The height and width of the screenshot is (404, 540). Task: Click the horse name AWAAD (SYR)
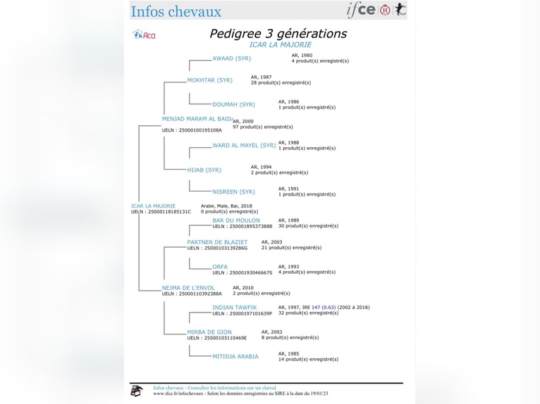[231, 58]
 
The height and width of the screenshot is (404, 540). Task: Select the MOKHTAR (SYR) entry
[209, 80]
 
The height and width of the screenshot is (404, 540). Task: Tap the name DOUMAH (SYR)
[233, 105]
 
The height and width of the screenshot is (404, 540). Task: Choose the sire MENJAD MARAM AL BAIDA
[197, 119]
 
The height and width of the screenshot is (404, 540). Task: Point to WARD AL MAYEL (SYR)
[244, 146]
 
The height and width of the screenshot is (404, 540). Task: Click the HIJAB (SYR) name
[204, 170]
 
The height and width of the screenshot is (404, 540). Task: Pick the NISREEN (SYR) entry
[233, 192]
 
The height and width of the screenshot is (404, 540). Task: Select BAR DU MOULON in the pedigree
[236, 220]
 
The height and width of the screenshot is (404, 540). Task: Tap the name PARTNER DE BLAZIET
[217, 242]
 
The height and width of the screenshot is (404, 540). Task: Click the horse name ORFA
[220, 267]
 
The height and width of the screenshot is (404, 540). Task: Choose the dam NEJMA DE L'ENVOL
[188, 288]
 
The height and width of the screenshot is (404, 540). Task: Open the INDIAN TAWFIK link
[234, 308]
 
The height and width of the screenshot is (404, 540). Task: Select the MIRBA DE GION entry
[209, 332]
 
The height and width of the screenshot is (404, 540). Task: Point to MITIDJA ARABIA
[235, 356]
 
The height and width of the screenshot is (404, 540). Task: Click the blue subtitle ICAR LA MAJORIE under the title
[280, 45]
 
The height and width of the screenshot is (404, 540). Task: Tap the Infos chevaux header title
[176, 11]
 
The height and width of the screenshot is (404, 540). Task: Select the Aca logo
[145, 34]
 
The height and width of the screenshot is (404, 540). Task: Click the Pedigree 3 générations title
[278, 33]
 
